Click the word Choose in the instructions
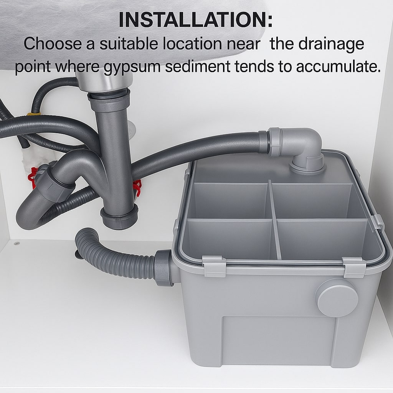(53, 44)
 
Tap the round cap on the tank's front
(337, 298)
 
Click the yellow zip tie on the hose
(34, 114)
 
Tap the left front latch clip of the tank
(213, 266)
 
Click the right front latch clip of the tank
(354, 268)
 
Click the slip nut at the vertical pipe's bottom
(120, 216)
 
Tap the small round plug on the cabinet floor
(17, 243)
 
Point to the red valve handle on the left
(33, 177)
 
